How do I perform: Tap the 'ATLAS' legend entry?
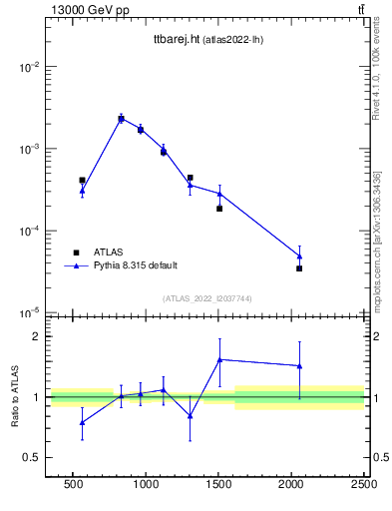110,253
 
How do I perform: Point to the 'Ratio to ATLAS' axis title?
16,397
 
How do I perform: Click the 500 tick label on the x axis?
73,484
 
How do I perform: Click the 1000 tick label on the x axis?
146,484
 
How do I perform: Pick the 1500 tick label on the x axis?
218,484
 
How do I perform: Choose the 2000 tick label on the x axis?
291,484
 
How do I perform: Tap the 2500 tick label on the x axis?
363,484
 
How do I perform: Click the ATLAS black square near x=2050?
299,268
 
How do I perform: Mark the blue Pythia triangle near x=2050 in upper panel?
299,256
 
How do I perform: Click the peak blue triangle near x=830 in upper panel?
121,118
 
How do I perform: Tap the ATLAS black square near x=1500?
219,209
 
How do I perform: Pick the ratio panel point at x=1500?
219,359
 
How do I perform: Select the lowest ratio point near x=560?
82,422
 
